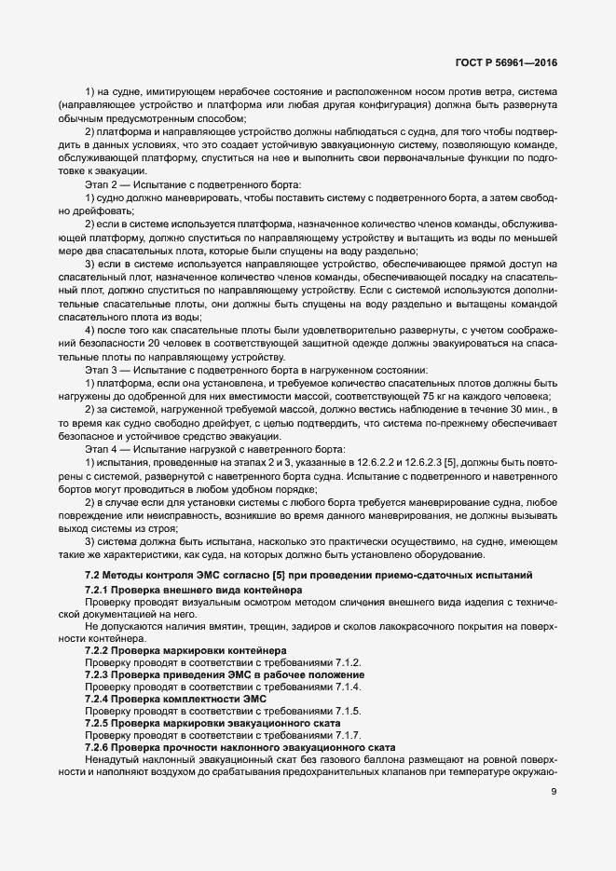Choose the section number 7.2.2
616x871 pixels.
point(100,649)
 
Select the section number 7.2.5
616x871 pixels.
point(100,722)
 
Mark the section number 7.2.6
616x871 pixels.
point(100,747)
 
